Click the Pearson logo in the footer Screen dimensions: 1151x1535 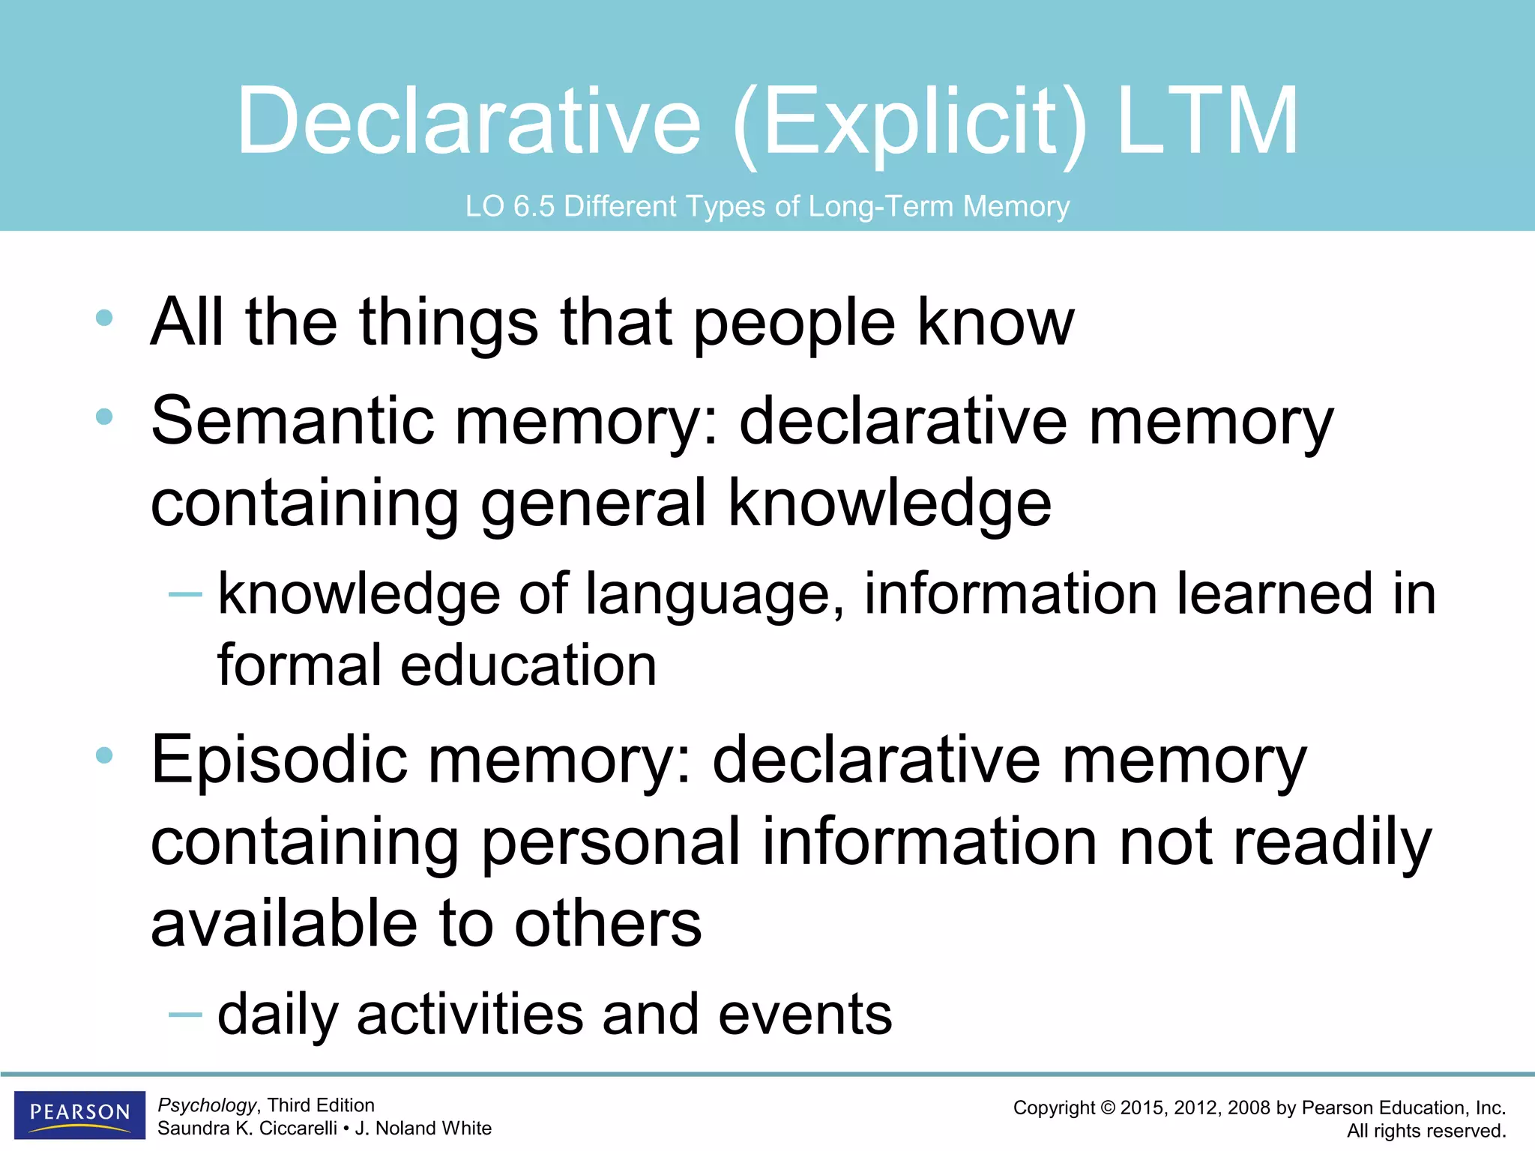[x=79, y=1114]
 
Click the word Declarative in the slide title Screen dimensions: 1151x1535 [x=469, y=121]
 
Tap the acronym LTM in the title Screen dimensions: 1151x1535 [x=1207, y=121]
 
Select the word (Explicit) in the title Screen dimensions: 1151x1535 [x=908, y=124]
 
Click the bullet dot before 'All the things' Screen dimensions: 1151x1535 [x=104, y=318]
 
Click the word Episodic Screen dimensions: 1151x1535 [x=279, y=761]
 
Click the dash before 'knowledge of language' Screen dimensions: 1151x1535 [x=185, y=595]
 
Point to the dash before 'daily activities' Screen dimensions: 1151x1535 [x=185, y=1015]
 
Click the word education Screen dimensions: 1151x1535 [x=528, y=665]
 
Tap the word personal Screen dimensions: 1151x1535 [x=611, y=844]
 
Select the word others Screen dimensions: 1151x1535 [x=608, y=925]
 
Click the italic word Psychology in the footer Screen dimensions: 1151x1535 [x=207, y=1105]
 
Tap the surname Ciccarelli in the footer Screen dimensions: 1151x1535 [x=298, y=1129]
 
